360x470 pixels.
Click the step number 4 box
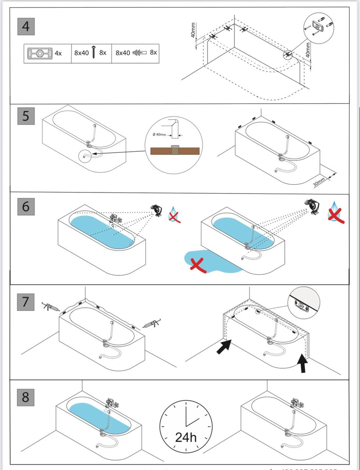click(x=26, y=26)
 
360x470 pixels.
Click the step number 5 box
click(x=26, y=116)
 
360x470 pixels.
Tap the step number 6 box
click(x=26, y=206)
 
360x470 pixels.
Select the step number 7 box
click(x=26, y=301)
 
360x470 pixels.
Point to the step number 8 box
click(x=26, y=397)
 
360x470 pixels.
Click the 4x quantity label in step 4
click(x=58, y=53)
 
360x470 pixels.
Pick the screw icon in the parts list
click(x=94, y=52)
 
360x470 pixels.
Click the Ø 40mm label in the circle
click(x=159, y=135)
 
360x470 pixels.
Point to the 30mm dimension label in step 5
click(x=319, y=182)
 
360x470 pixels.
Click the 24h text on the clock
click(x=186, y=437)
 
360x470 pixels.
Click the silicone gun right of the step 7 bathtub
click(x=152, y=323)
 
